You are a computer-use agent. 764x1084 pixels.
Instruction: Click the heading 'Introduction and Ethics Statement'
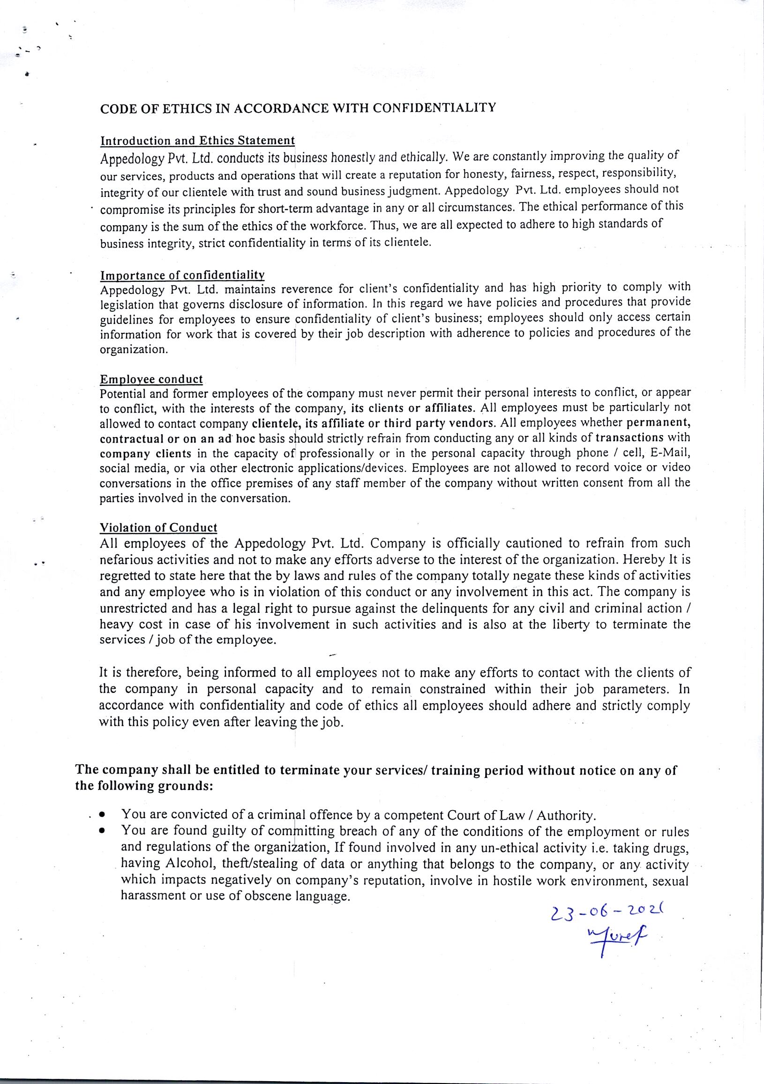(x=197, y=140)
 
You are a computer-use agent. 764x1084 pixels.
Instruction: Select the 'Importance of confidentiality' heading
(x=182, y=275)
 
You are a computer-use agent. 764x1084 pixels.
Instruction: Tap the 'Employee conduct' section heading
(x=151, y=379)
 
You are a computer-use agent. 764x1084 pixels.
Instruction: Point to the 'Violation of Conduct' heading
(x=158, y=527)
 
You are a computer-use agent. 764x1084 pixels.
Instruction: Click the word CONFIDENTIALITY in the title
(x=434, y=108)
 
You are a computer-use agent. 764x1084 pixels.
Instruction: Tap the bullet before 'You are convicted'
(x=102, y=815)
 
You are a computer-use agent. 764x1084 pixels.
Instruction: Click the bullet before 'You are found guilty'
(x=102, y=831)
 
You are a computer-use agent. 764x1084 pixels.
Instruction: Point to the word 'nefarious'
(x=130, y=560)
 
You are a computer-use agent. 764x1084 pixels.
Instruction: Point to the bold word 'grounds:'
(x=187, y=786)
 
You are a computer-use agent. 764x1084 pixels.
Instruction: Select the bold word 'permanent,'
(x=658, y=422)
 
